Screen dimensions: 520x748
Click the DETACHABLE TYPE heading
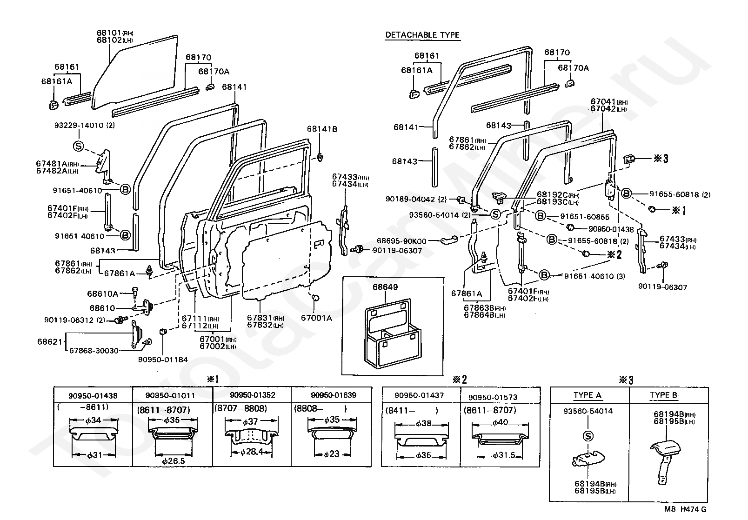422,35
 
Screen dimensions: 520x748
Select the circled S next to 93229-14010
79,146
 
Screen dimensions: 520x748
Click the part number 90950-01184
163,360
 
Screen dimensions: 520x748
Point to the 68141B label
321,129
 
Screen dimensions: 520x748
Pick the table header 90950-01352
253,395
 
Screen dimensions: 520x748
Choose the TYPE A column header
587,395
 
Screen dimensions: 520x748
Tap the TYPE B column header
663,395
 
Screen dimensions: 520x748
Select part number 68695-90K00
401,241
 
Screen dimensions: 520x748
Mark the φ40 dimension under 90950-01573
501,423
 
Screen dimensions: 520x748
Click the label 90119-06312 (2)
75,320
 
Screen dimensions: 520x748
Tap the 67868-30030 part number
94,351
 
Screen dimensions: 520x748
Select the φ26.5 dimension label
174,460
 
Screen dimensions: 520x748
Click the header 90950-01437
419,395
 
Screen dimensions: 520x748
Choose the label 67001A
316,318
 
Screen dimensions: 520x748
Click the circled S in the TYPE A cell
588,436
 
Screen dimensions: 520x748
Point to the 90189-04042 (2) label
416,199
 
